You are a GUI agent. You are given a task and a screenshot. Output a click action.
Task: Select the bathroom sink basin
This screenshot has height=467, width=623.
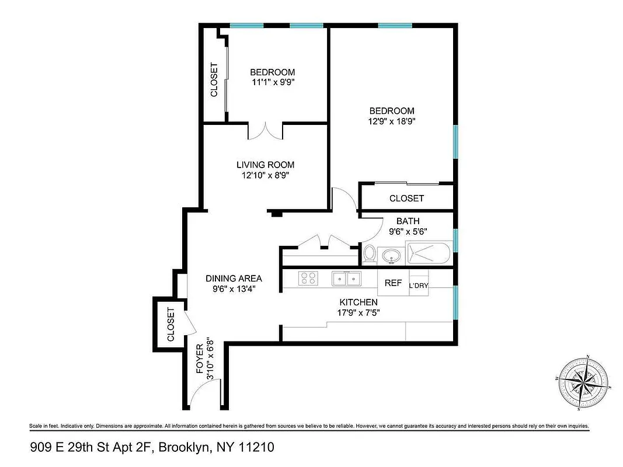point(391,255)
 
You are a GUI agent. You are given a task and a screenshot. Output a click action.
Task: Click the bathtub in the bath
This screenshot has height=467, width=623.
point(428,255)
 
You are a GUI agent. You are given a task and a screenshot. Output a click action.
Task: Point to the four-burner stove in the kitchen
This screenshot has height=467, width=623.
point(308,279)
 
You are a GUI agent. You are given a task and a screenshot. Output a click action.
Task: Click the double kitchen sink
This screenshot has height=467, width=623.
point(346,279)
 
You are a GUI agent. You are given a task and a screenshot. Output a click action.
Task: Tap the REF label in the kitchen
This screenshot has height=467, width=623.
point(393,283)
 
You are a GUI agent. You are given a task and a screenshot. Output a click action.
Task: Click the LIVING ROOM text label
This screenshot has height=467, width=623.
point(265,165)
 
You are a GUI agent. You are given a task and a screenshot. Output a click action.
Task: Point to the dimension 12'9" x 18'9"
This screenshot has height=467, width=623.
point(392,121)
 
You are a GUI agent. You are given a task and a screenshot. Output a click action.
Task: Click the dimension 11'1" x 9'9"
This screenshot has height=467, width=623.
point(272,82)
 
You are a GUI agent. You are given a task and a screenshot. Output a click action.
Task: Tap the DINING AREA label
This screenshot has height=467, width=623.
point(234,278)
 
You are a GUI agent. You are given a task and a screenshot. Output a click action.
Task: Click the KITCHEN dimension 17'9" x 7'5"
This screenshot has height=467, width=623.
point(359,312)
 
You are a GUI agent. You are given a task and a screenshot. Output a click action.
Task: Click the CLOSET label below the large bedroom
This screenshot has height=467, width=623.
point(406,198)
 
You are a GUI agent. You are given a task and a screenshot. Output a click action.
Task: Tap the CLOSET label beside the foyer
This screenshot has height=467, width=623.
point(171,325)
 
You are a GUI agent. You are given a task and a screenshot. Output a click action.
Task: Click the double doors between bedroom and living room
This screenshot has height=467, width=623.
point(266,131)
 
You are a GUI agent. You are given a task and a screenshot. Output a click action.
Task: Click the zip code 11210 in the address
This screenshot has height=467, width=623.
point(255,448)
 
